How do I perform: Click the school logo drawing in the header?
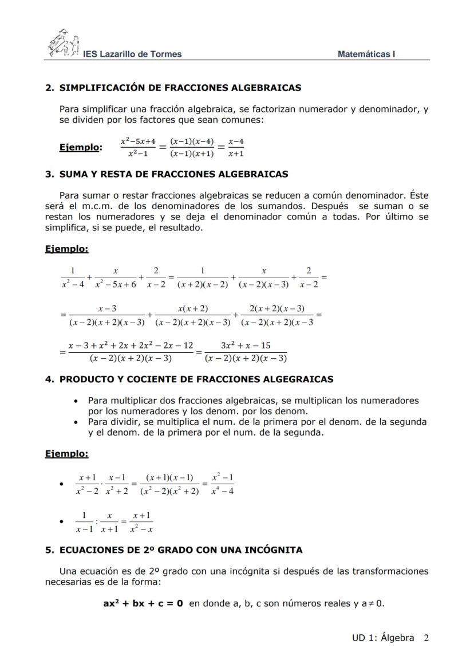pos(63,44)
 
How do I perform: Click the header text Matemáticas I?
pos(366,54)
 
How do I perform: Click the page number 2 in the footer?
pos(426,638)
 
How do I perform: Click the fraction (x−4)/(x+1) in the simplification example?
pos(235,147)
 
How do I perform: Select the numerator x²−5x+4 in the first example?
pos(138,141)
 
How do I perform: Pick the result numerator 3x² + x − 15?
pos(246,346)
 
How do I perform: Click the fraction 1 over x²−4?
pos(73,277)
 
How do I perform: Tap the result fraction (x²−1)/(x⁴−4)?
pos(223,484)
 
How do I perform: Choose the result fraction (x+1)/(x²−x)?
pos(142,522)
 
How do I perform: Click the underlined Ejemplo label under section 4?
pos(66,454)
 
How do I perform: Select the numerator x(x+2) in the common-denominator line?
pos(193,309)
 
